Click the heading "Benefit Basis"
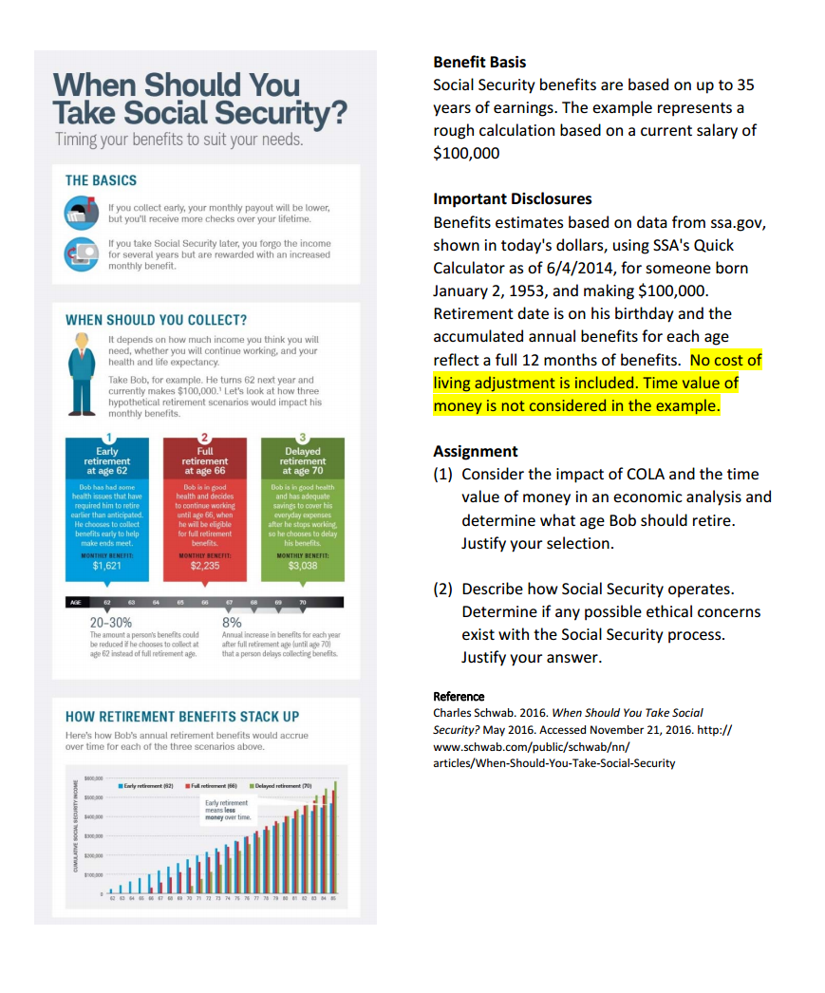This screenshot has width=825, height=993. pyautogui.click(x=479, y=63)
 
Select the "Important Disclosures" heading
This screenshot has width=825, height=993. pyautogui.click(x=512, y=199)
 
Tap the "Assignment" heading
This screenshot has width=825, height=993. pyautogui.click(x=476, y=452)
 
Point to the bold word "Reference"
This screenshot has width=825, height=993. pyautogui.click(x=459, y=697)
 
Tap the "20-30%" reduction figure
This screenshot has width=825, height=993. pyautogui.click(x=111, y=623)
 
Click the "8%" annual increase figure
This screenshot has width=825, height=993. pyautogui.click(x=232, y=623)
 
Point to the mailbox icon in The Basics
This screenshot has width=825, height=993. pyautogui.click(x=78, y=211)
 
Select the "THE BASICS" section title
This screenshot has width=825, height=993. pyautogui.click(x=101, y=180)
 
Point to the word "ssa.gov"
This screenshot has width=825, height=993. pyautogui.click(x=737, y=222)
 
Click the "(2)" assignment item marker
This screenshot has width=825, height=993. pyautogui.click(x=442, y=589)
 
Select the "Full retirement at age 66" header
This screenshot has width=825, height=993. pyautogui.click(x=204, y=460)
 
